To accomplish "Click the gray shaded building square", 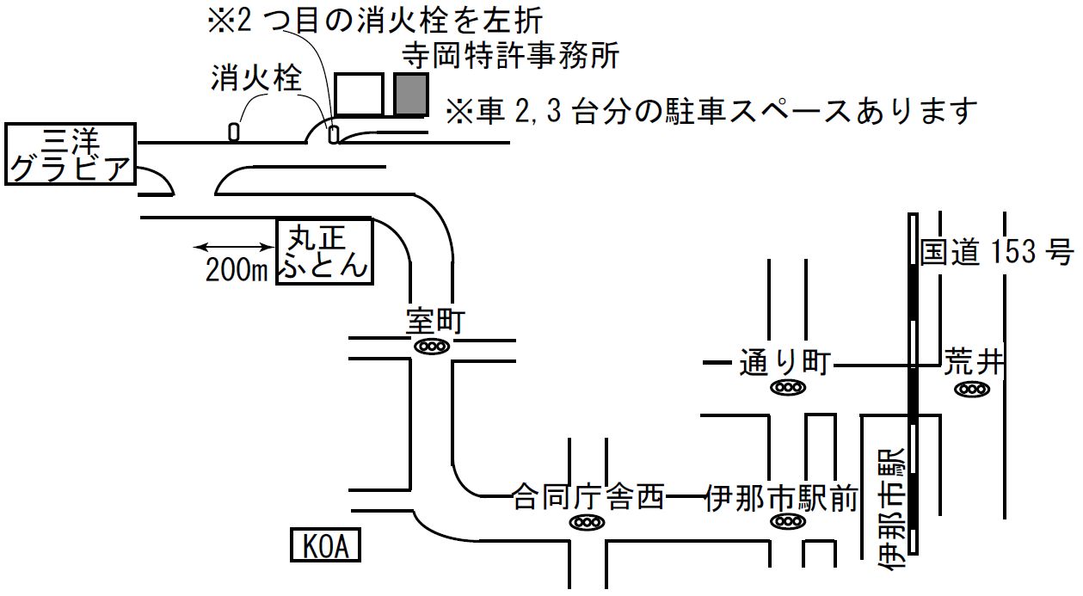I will pyautogui.click(x=411, y=95).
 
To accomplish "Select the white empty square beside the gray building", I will pyautogui.click(x=359, y=95).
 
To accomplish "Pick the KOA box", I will pyautogui.click(x=325, y=546).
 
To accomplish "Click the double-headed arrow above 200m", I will pyautogui.click(x=231, y=248).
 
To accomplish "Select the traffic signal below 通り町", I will pyautogui.click(x=786, y=388).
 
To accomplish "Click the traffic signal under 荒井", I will pyautogui.click(x=972, y=389).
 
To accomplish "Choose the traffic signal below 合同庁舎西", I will pyautogui.click(x=587, y=522).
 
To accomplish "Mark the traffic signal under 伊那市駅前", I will pyautogui.click(x=786, y=521).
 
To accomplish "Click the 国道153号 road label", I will pyautogui.click(x=996, y=252).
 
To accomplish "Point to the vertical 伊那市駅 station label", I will pyautogui.click(x=890, y=508).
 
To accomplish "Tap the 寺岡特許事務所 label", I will pyautogui.click(x=511, y=57).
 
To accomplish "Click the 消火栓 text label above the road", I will pyautogui.click(x=256, y=79).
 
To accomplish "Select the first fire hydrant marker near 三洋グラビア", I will pyautogui.click(x=234, y=132).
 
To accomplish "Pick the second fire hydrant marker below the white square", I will pyautogui.click(x=334, y=133).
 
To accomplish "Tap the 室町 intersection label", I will pyautogui.click(x=435, y=322).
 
